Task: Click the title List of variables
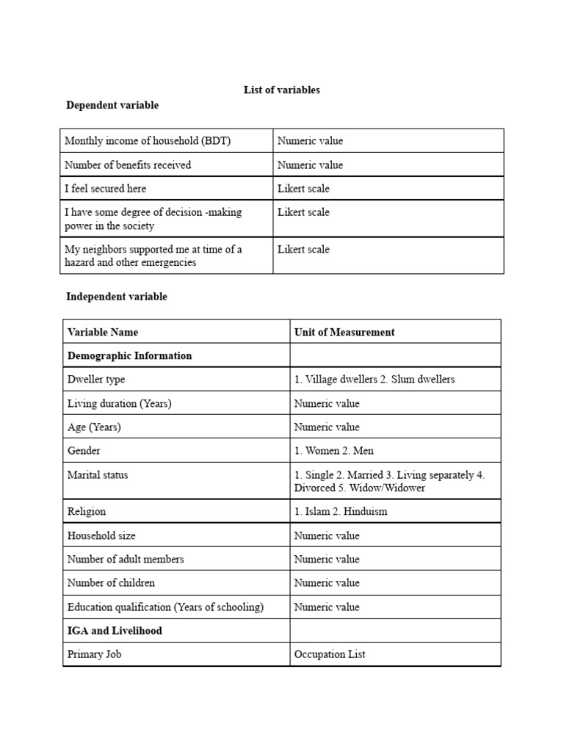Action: tap(281, 90)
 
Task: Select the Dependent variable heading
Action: tap(112, 105)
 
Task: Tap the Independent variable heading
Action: tap(117, 297)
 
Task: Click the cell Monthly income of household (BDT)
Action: tap(148, 141)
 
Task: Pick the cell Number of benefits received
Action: tap(128, 165)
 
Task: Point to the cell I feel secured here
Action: tap(105, 189)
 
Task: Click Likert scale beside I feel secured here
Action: tap(303, 189)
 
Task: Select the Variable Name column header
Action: tap(103, 332)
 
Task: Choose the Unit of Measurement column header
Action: tap(344, 332)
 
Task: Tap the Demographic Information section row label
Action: tap(129, 355)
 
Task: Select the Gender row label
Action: tap(84, 451)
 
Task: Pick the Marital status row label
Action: tap(98, 475)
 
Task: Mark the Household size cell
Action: tap(101, 535)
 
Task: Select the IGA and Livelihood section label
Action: tap(115, 631)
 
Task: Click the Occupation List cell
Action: tap(329, 654)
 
